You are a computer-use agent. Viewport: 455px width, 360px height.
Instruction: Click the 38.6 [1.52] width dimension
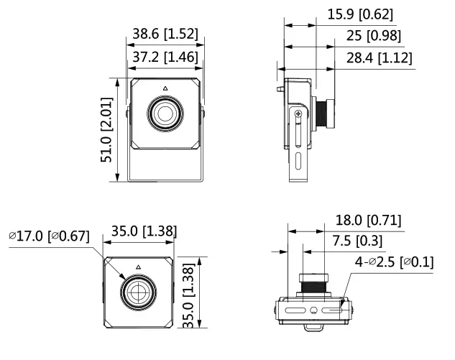(x=165, y=34)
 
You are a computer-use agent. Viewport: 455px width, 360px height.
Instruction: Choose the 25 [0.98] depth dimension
(x=374, y=36)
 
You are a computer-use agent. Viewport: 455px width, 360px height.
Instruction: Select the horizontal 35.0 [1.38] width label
(x=143, y=231)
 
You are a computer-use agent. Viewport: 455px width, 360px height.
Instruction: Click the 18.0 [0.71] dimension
(x=369, y=219)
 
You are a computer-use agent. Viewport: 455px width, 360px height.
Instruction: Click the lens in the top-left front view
(x=165, y=113)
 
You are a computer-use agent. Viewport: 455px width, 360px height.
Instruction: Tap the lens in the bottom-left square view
(x=137, y=292)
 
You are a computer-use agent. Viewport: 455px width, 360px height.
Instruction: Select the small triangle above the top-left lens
(x=165, y=89)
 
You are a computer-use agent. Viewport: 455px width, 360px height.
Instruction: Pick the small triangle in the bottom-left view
(x=137, y=266)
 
